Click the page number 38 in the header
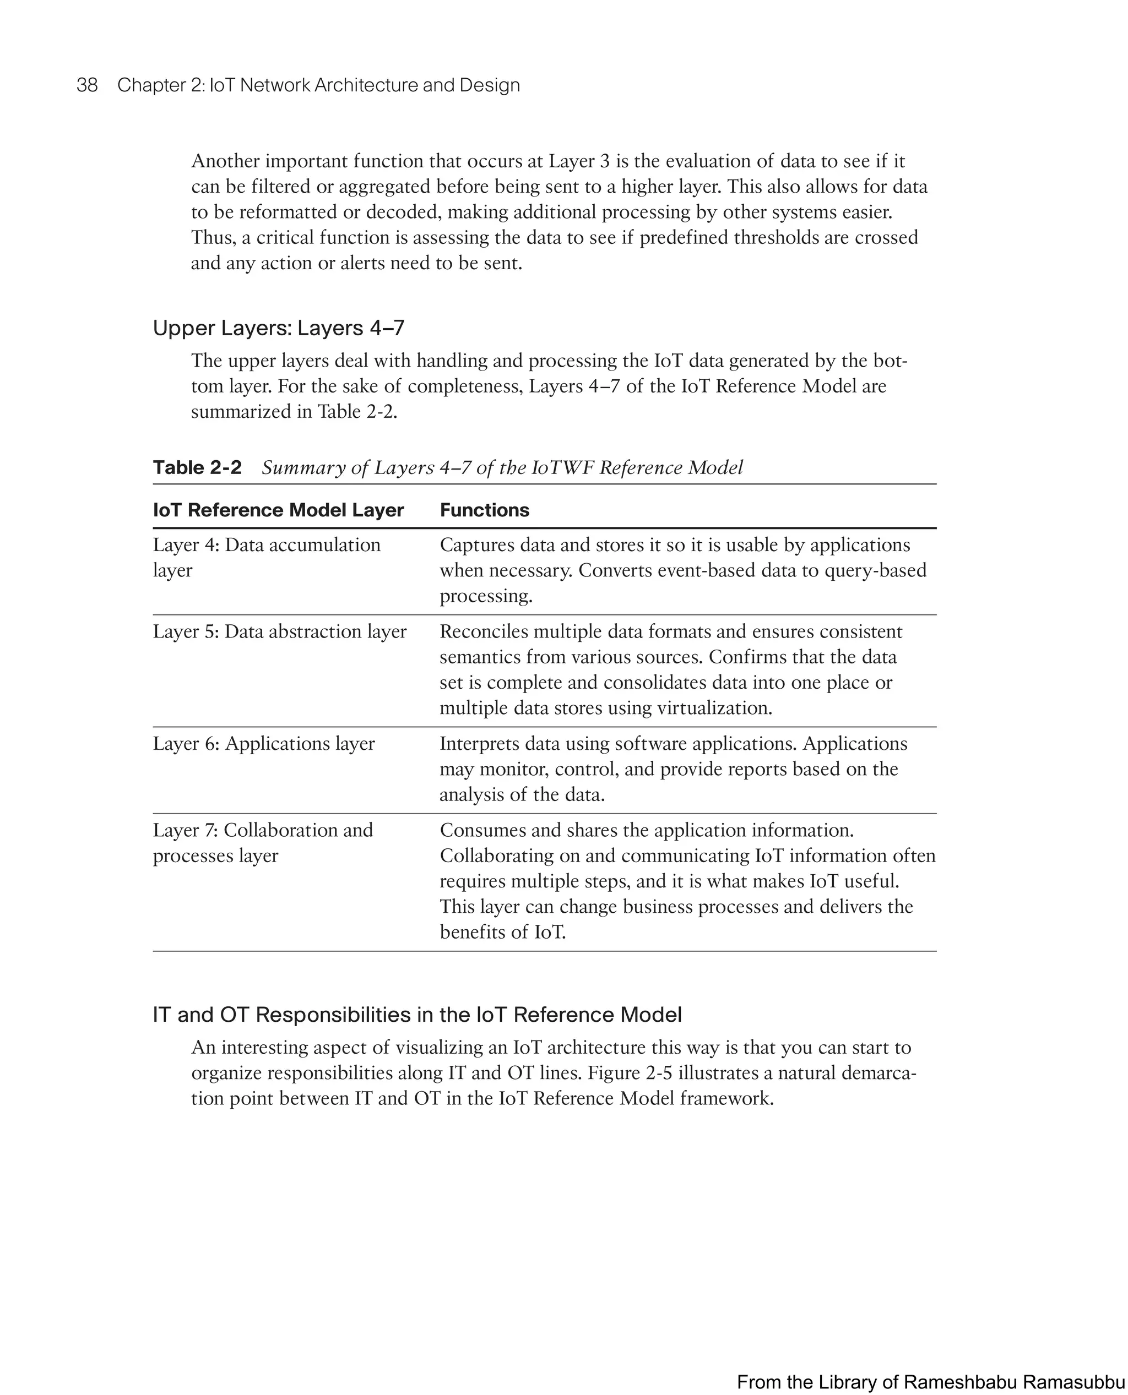87,85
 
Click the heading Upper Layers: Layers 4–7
278,328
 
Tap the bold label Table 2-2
197,467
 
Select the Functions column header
484,510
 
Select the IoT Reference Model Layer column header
278,510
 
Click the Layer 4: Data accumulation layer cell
267,557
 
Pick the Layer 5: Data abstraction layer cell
279,631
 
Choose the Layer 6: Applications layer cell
263,743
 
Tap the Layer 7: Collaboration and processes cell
263,842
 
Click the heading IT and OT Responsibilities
416,1015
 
